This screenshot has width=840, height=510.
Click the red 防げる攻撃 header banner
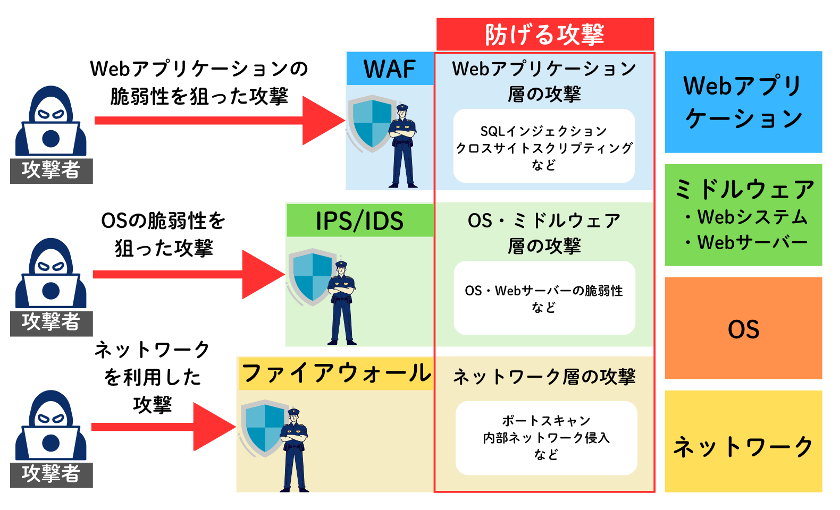click(x=545, y=35)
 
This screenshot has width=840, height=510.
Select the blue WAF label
click(x=390, y=69)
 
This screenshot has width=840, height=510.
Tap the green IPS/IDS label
click(x=360, y=221)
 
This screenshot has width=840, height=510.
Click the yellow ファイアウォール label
click(x=336, y=373)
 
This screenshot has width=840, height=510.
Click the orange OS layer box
click(x=743, y=328)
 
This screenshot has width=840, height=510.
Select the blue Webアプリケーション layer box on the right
click(x=743, y=102)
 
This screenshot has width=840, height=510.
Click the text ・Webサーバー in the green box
click(x=747, y=243)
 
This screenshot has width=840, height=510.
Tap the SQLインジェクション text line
click(x=543, y=131)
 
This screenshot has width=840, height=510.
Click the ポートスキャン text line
click(x=546, y=421)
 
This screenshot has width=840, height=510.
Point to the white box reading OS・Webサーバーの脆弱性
click(x=544, y=298)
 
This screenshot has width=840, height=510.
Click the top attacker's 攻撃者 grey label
click(x=51, y=171)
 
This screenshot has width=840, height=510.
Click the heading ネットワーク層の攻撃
click(x=544, y=377)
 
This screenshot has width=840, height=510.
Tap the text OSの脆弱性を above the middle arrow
click(x=163, y=220)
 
